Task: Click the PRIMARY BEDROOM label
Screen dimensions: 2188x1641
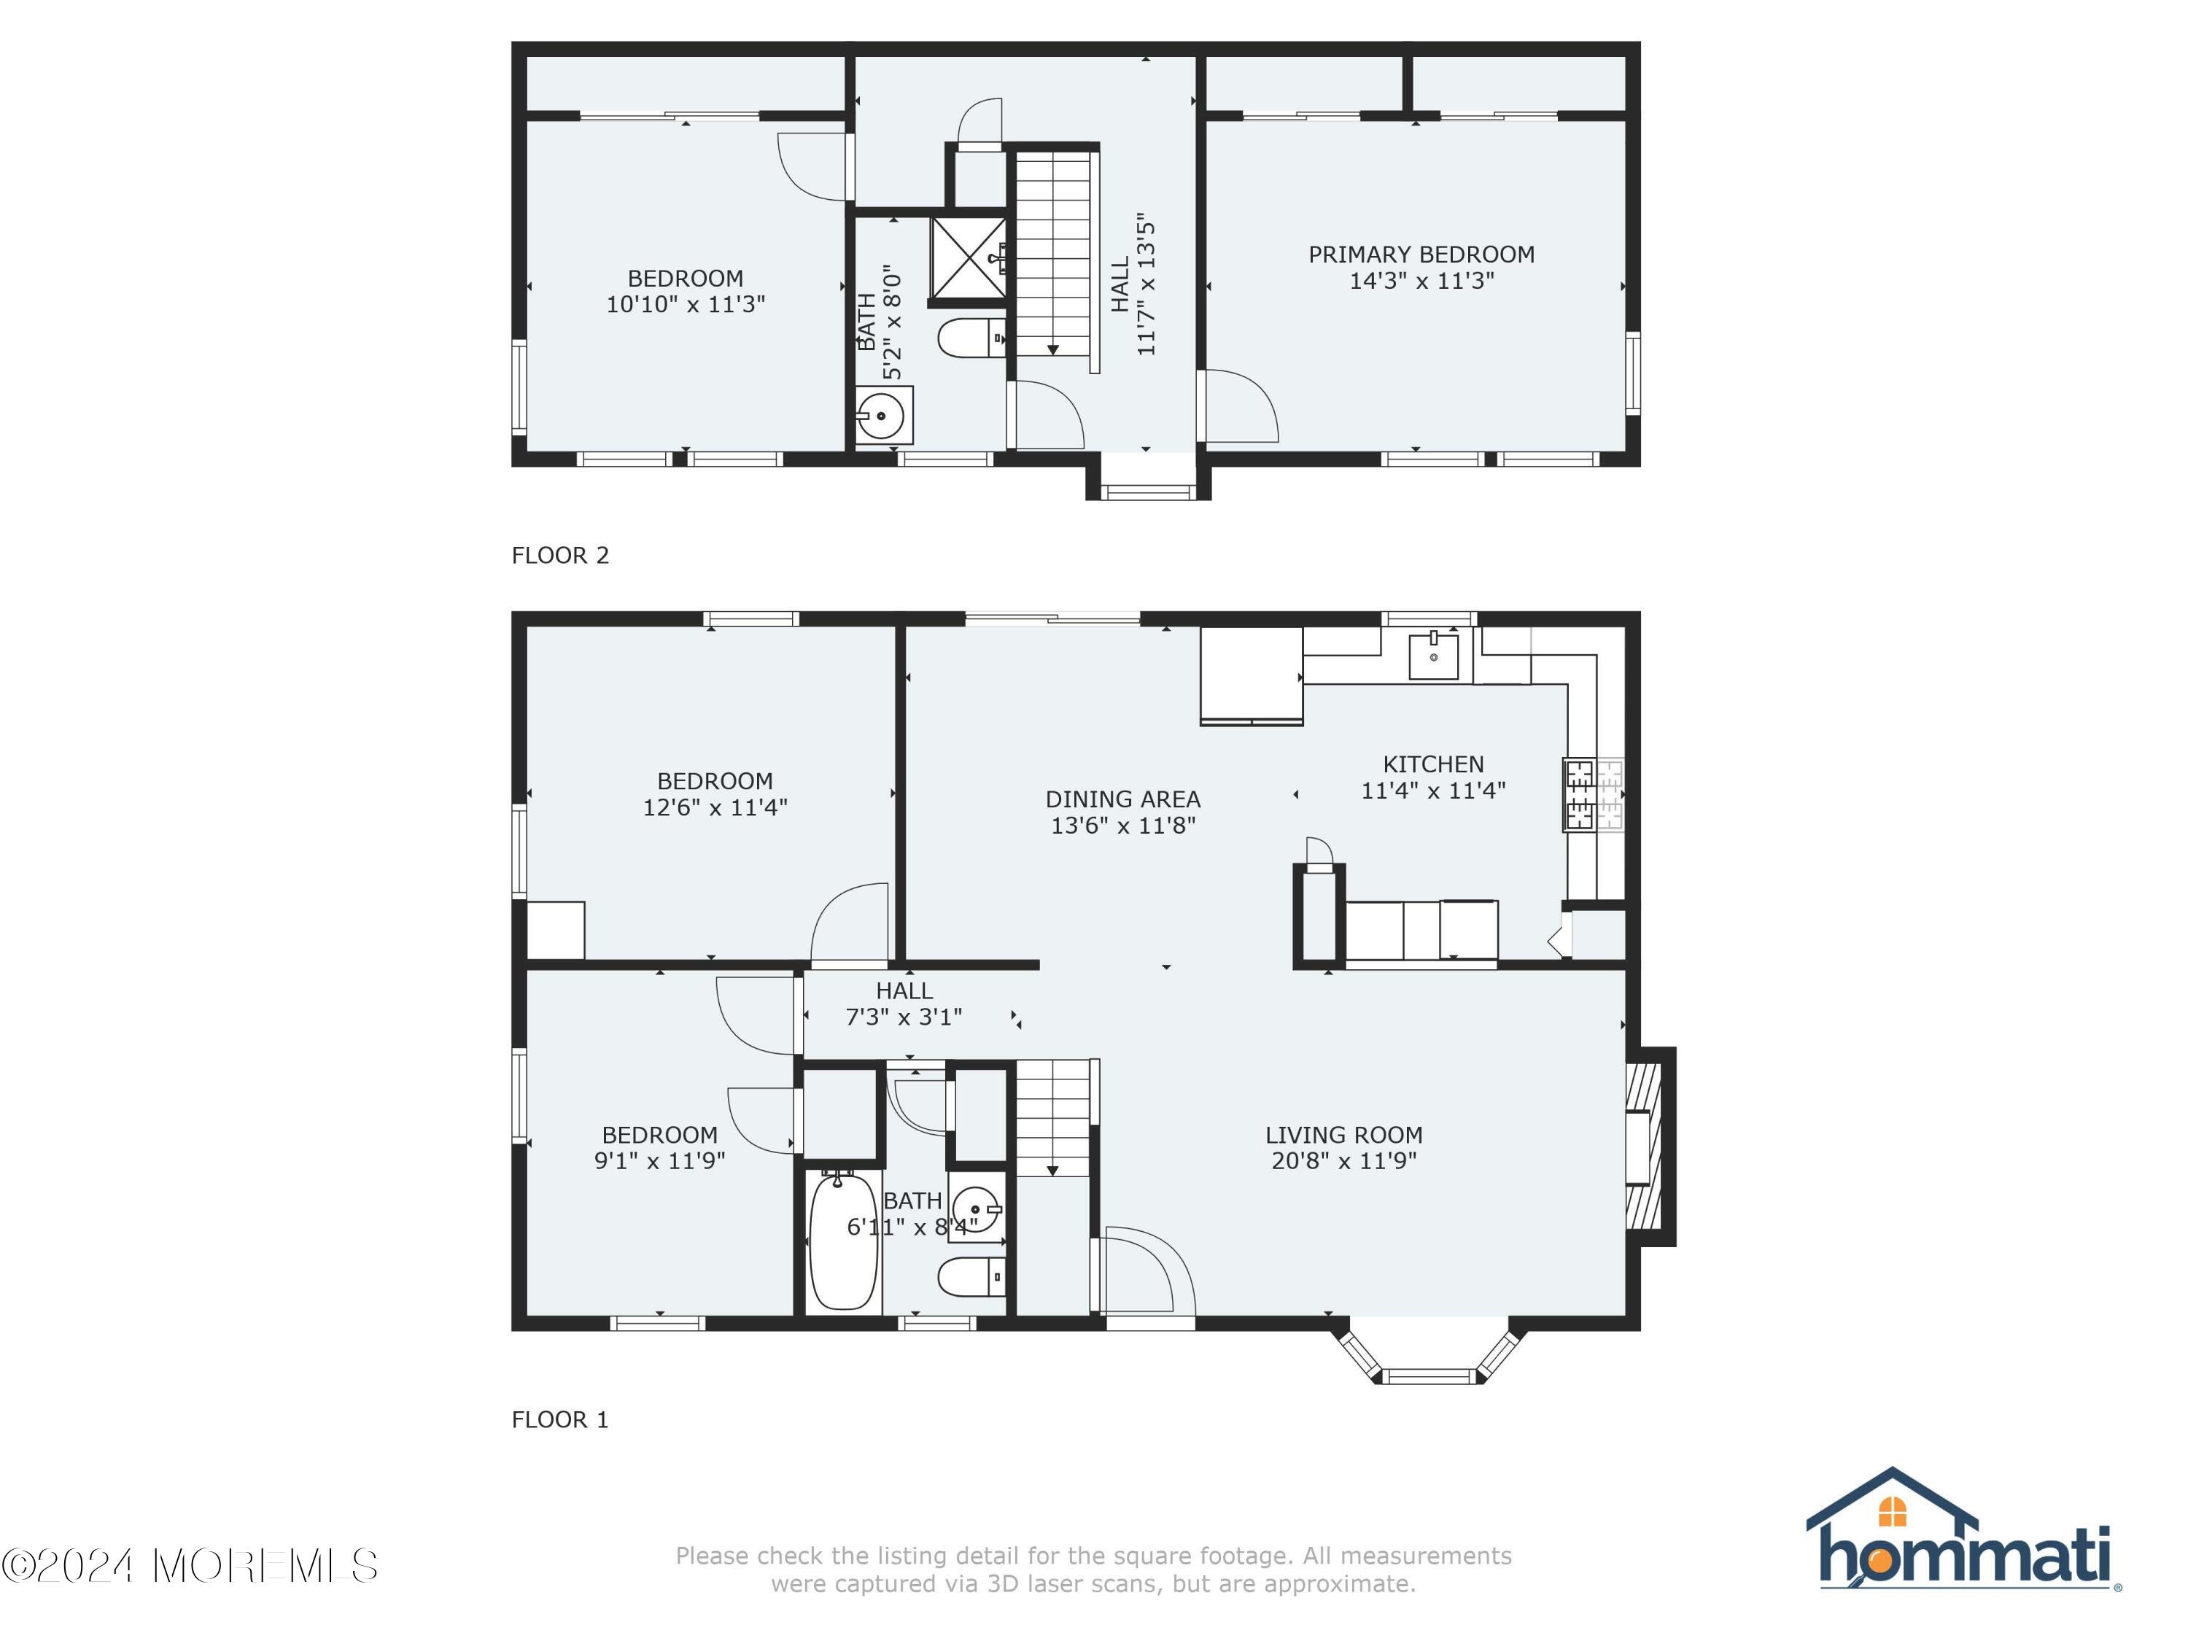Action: click(1421, 255)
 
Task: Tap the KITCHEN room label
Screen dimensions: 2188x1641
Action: click(1433, 764)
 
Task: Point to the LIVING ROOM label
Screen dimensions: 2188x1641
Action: click(1344, 1135)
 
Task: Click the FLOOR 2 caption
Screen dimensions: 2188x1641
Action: click(560, 555)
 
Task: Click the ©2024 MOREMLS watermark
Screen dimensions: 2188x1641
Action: click(190, 1566)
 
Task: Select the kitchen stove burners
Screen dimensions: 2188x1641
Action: click(1594, 794)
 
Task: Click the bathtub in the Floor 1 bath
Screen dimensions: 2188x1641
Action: click(843, 1241)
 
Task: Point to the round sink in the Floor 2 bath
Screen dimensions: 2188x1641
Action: click(880, 416)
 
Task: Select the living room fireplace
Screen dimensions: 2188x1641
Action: click(1650, 1147)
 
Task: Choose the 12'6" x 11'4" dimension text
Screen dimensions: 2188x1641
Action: click(715, 807)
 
